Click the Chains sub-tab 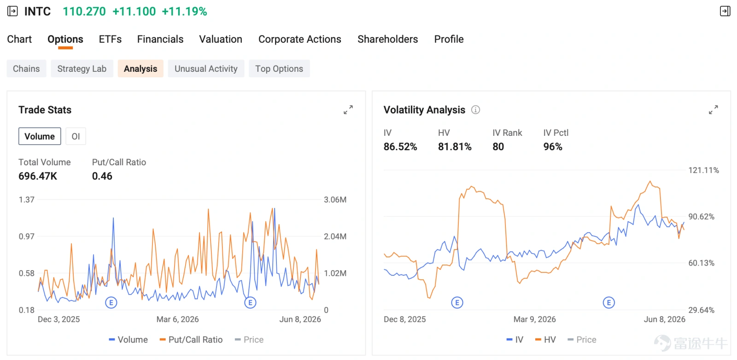tap(26, 69)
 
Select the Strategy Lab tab tap(82, 69)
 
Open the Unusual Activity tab tap(206, 69)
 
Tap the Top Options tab tap(279, 69)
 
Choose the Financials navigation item tap(160, 39)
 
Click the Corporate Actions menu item tap(300, 39)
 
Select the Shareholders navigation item tap(387, 39)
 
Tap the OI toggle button tap(76, 136)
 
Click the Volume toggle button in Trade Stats tap(40, 136)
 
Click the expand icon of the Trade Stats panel tap(348, 110)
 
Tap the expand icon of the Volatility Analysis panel tap(714, 110)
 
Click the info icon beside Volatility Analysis tap(475, 110)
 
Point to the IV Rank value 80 tap(498, 147)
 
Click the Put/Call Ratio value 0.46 tap(102, 176)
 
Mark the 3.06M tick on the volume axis tap(335, 199)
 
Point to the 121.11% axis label tap(703, 170)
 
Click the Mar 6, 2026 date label tap(178, 319)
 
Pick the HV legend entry tap(545, 340)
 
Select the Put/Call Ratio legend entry tap(191, 340)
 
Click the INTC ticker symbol tap(37, 12)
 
